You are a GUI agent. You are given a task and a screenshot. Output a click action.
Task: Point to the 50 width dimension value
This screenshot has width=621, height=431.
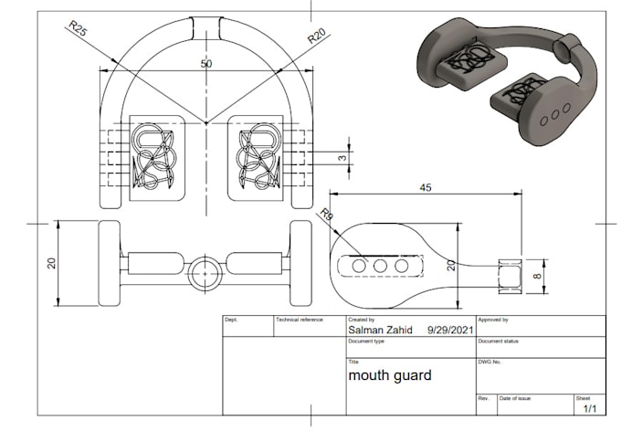click(x=205, y=66)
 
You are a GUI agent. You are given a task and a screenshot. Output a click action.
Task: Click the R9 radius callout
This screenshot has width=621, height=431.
click(x=326, y=215)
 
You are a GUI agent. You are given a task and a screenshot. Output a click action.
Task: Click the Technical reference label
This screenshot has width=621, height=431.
click(x=300, y=321)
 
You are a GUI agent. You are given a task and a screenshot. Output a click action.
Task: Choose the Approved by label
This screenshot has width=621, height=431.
click(x=493, y=321)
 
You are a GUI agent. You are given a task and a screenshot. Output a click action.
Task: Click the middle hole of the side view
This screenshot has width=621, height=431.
click(x=379, y=265)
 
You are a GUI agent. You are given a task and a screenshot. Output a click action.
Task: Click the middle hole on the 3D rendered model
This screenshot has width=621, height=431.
click(x=555, y=119)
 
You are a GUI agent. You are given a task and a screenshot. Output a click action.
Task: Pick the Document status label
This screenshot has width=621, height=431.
click(x=498, y=341)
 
